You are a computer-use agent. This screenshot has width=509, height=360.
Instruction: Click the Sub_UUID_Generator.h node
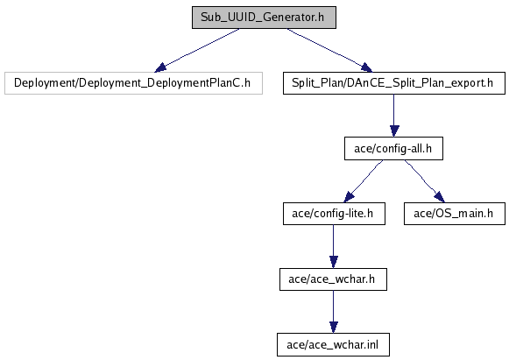264,18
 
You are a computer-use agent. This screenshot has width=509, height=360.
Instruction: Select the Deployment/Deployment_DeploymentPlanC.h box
133,83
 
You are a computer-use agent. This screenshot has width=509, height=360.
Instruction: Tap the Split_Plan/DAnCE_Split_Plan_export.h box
394,83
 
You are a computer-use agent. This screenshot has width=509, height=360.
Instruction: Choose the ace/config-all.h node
393,148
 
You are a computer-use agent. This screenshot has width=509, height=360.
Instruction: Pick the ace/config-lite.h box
334,214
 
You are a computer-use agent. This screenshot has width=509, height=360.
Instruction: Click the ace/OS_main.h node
455,214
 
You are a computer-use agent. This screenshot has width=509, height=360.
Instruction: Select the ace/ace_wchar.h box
333,279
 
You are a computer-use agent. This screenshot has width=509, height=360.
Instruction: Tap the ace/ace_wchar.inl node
333,344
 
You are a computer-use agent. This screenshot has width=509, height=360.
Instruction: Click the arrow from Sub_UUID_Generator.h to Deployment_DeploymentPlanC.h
197,50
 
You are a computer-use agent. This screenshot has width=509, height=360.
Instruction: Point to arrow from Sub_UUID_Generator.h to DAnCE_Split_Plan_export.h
329,50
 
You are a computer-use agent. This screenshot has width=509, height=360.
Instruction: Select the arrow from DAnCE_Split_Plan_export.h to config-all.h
394,116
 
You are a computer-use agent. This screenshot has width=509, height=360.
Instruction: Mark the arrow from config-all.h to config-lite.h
364,181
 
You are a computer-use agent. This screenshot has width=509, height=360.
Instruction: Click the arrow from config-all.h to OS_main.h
425,181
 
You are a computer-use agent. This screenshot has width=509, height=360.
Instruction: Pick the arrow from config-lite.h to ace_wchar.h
334,246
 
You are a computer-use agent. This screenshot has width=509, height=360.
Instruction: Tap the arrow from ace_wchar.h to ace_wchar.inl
334,312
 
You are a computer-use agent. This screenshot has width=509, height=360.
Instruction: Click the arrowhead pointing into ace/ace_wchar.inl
334,328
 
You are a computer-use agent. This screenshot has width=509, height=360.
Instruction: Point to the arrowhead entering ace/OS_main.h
440,197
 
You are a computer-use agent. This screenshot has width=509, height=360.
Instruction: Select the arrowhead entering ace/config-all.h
394,131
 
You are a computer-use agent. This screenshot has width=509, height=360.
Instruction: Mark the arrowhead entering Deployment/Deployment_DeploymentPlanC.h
160,67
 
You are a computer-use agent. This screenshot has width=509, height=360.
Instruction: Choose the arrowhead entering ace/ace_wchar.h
334,262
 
